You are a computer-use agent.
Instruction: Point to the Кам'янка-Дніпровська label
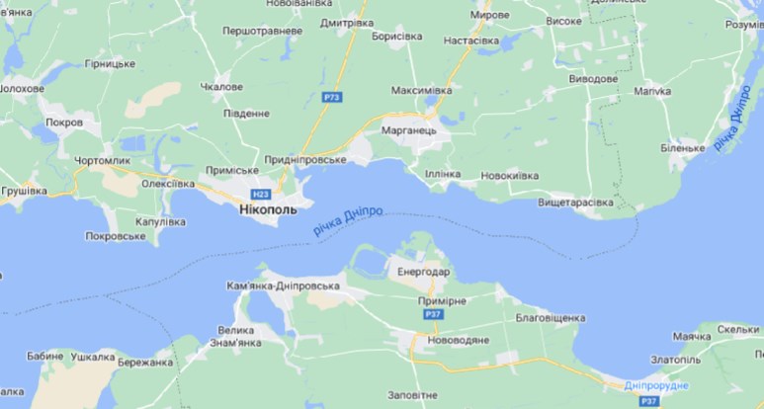pos(283,286)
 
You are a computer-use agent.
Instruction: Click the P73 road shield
pos(333,97)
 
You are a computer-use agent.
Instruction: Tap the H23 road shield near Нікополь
pos(261,195)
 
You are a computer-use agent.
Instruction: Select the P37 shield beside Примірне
pos(433,314)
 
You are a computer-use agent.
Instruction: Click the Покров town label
pos(65,123)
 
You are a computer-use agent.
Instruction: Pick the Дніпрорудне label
pos(656,385)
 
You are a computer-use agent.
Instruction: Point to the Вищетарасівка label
pos(574,203)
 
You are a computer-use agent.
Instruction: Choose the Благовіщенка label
pos(551,318)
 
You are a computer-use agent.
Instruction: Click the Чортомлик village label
pos(102,160)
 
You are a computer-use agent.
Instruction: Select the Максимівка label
pos(421,91)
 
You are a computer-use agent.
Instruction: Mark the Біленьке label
pos(682,148)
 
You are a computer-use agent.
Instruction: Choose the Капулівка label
pos(159,222)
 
